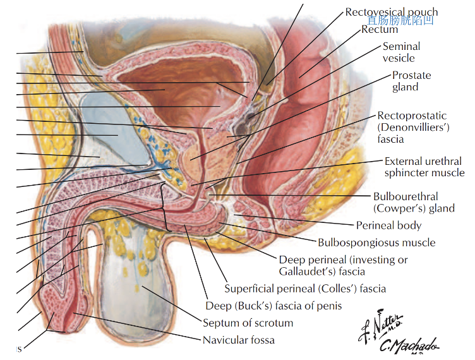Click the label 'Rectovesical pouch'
coord(391,12)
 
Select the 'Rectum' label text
coord(380,29)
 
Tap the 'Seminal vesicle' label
coord(401,52)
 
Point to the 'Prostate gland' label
coord(411,81)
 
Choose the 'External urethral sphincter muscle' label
coord(424,167)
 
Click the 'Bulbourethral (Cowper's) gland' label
coord(414,202)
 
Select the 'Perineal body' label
coord(388,225)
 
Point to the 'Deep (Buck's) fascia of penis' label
coord(274,306)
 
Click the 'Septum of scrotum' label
coord(248,323)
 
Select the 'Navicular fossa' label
coord(238,340)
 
